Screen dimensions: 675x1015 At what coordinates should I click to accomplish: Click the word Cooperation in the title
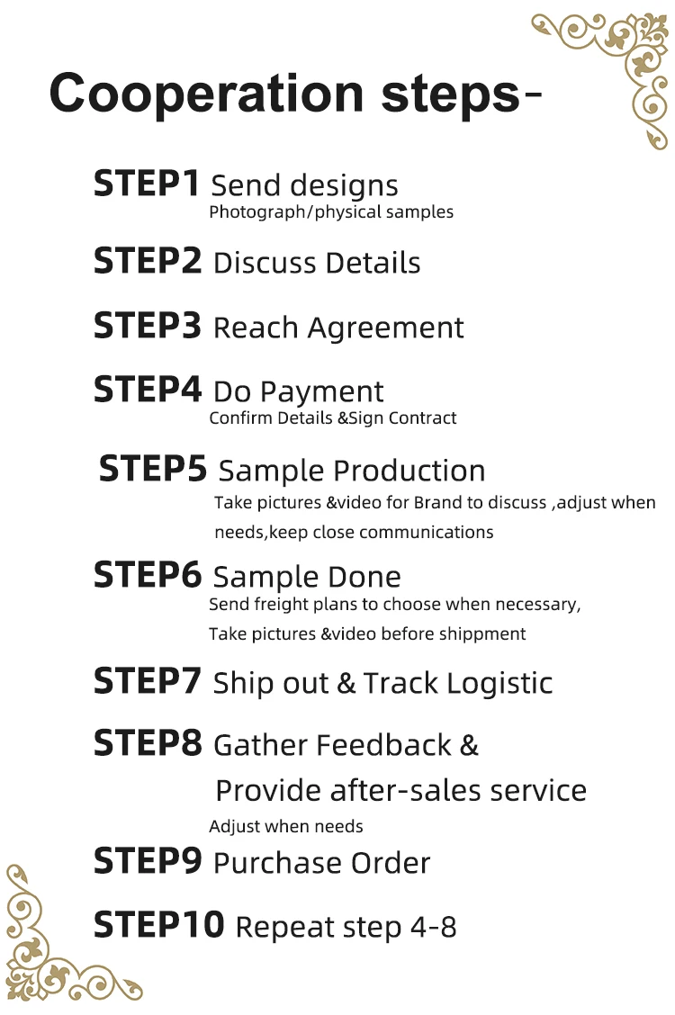pos(206,94)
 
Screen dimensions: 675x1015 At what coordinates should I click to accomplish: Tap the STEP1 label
pos(147,184)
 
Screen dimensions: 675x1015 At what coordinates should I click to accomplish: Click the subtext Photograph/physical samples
pos(330,212)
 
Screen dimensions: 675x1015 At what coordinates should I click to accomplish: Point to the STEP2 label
pos(148,260)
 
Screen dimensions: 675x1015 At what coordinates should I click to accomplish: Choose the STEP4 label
pos(148,390)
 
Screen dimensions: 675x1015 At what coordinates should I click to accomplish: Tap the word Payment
pos(322,393)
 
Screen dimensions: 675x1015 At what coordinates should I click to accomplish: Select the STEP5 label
pos(153,468)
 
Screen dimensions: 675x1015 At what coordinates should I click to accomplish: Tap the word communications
pos(426,532)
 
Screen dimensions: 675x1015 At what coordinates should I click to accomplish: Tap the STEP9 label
pos(148,861)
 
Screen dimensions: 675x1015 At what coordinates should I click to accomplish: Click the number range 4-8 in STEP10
pos(433,927)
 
